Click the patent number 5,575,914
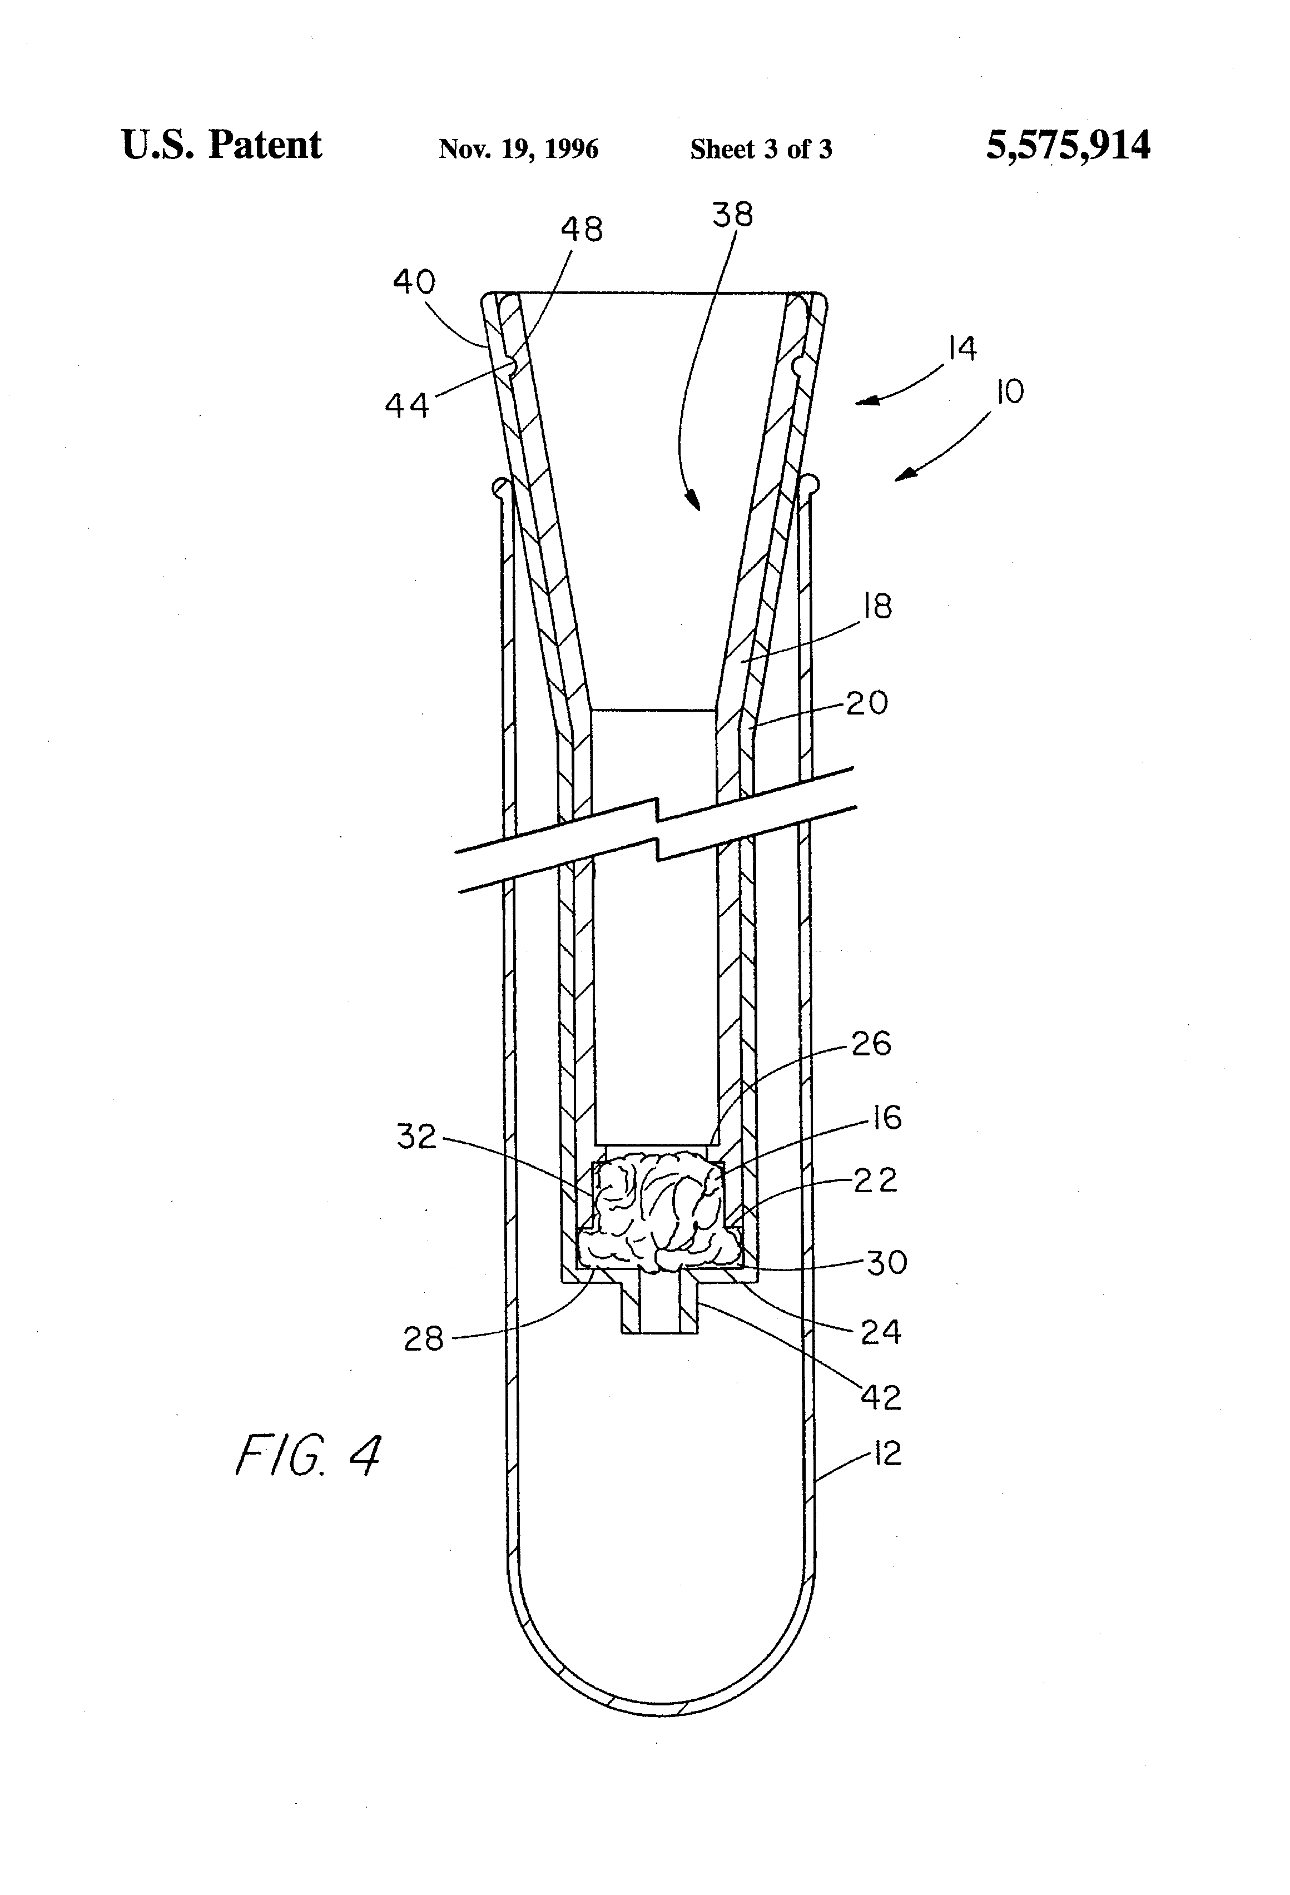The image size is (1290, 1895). pos(1068,146)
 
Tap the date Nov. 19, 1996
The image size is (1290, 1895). pos(519,148)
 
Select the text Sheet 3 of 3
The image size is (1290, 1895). pos(761,148)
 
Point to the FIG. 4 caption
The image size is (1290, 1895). pos(307,1456)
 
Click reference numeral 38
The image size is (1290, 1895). pos(732,215)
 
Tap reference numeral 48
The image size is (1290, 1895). pos(582,229)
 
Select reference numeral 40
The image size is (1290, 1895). pos(414,282)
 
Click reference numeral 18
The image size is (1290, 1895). pos(877,606)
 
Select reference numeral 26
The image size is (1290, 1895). pos(871,1044)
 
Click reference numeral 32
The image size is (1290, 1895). pos(416,1136)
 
